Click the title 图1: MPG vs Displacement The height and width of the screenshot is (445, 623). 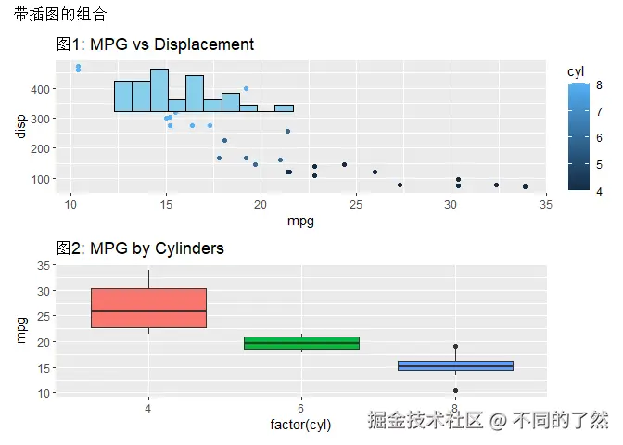coord(155,44)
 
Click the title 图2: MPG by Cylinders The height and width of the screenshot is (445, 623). coord(140,248)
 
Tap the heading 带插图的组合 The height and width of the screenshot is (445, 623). coord(60,15)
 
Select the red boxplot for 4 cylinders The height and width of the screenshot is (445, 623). coord(148,308)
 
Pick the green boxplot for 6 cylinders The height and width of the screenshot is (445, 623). coord(301,343)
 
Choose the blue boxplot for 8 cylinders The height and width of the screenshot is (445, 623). coord(454,365)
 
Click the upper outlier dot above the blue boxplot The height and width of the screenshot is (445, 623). coord(455,347)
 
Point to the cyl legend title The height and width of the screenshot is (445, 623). coord(576,71)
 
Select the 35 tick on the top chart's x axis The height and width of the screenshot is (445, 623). coord(545,204)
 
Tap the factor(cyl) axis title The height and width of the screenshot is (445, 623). coord(300,425)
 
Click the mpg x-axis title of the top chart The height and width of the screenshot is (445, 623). coord(300,221)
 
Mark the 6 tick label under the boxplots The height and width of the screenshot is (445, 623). coord(301,408)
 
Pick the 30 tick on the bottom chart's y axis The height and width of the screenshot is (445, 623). coord(43,291)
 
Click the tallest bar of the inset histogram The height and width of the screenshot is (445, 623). coord(159,90)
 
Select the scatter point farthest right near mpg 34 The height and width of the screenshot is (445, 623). coord(525,186)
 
